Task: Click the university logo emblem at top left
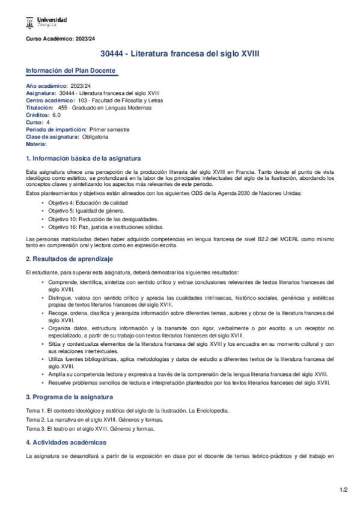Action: [x=30, y=23]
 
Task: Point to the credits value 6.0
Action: [x=56, y=115]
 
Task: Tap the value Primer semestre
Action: [x=109, y=129]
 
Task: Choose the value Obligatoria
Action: [x=95, y=137]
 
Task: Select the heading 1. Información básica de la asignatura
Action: [x=84, y=159]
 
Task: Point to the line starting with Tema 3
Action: [x=90, y=429]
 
